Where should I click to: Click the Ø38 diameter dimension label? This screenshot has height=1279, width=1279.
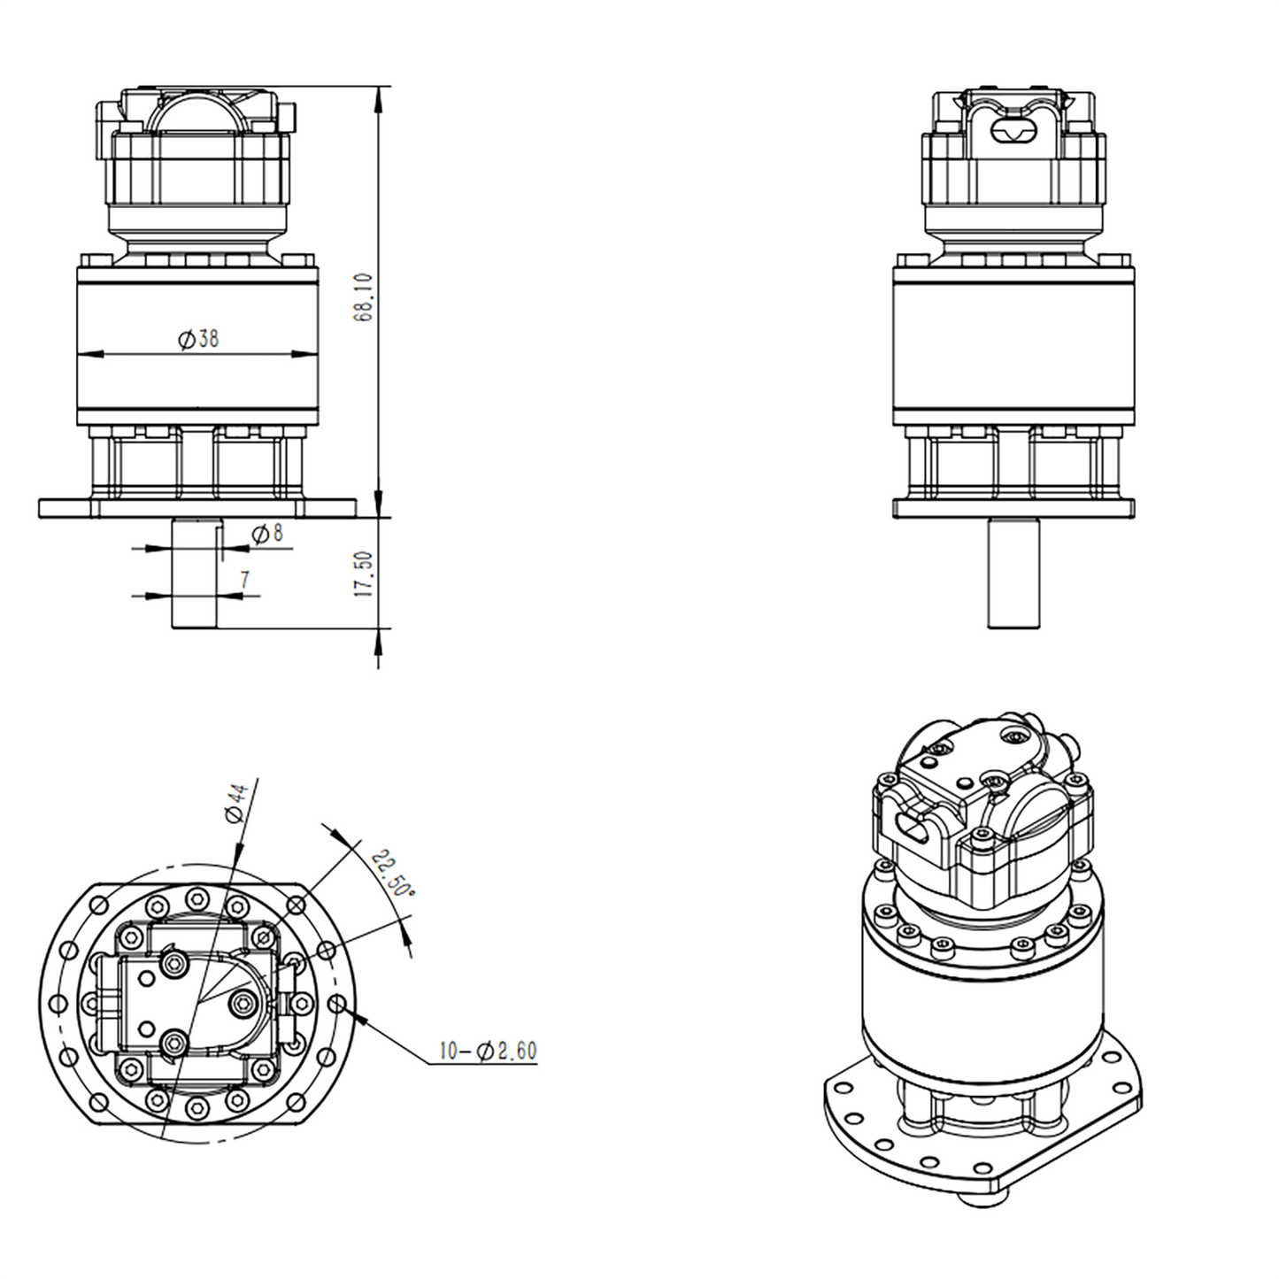pyautogui.click(x=198, y=338)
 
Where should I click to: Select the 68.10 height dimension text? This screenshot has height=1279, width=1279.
pyautogui.click(x=364, y=297)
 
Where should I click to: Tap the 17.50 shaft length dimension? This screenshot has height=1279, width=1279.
pyautogui.click(x=364, y=574)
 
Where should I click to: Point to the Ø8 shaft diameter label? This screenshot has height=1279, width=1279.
pyautogui.click(x=267, y=534)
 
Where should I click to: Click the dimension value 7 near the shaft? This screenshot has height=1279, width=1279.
pyautogui.click(x=244, y=580)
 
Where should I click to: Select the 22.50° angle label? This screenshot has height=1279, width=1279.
pyautogui.click(x=392, y=874)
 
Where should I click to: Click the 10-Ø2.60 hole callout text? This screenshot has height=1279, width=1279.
pyautogui.click(x=488, y=1051)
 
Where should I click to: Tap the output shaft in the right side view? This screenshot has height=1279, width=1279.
pyautogui.click(x=1013, y=574)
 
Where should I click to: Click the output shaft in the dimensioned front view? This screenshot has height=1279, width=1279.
pyautogui.click(x=195, y=574)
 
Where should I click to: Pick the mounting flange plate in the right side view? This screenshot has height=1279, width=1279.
pyautogui.click(x=1013, y=508)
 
